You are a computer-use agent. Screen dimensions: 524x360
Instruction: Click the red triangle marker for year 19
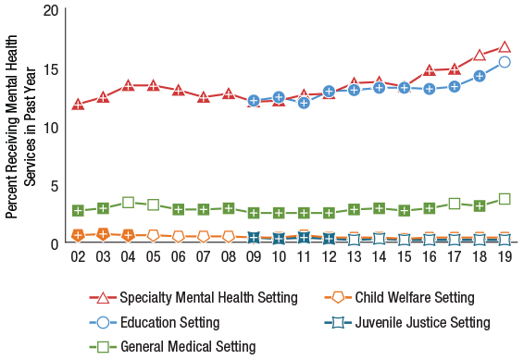pyautogui.click(x=505, y=46)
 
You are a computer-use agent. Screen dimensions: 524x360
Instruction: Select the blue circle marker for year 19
pyautogui.click(x=505, y=62)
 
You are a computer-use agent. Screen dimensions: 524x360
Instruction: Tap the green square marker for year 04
pyautogui.click(x=129, y=203)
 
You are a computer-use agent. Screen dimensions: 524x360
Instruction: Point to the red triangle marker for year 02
pyautogui.click(x=79, y=102)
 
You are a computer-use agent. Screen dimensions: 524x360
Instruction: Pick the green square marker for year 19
pyautogui.click(x=505, y=199)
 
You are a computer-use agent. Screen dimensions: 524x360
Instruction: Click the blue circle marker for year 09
pyautogui.click(x=254, y=100)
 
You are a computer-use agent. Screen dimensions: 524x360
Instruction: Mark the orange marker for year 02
pyautogui.click(x=79, y=235)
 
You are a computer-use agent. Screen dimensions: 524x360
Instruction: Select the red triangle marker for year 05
pyautogui.click(x=154, y=85)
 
